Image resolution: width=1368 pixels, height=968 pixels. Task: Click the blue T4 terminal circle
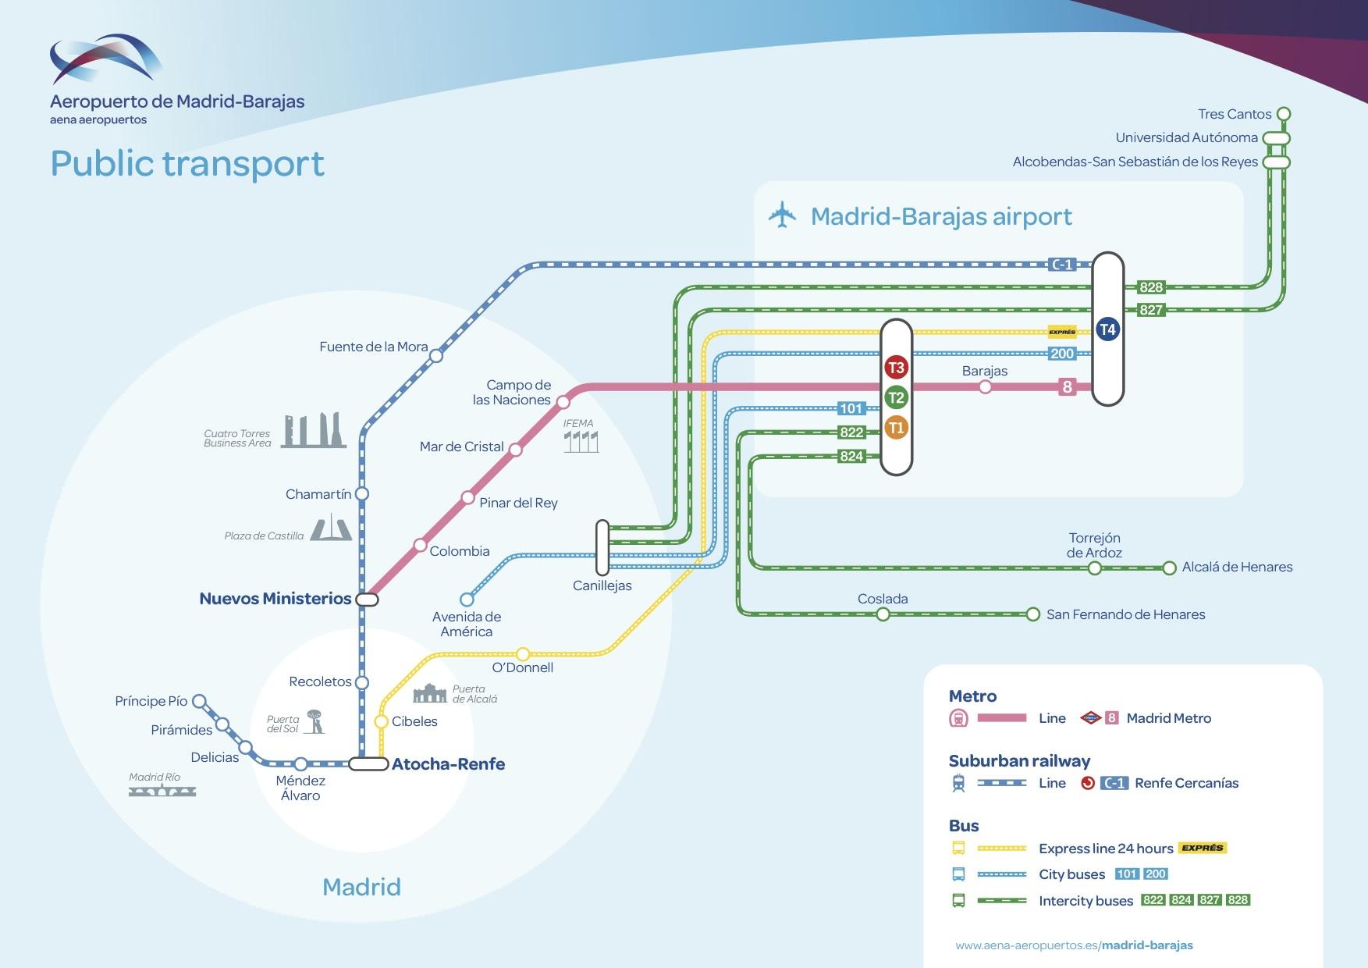1107,329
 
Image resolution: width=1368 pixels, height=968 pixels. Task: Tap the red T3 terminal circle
896,368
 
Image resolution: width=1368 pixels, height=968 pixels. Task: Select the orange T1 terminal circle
896,428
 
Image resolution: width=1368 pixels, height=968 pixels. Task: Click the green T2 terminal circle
896,397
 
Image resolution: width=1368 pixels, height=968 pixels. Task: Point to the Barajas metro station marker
985,387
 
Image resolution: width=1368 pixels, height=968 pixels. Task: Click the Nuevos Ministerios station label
275,599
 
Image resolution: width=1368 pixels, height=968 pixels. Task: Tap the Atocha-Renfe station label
448,764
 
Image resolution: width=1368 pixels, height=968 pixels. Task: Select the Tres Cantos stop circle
1283,114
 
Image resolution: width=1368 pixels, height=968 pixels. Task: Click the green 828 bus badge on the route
1151,287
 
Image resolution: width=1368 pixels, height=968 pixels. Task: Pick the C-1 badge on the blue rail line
1062,265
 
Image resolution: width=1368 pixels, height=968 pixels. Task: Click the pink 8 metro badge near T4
1067,387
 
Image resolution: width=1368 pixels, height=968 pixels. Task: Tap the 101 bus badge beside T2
851,408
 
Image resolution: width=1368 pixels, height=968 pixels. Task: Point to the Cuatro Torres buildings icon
314,430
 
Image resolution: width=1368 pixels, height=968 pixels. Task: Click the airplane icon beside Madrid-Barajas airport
782,215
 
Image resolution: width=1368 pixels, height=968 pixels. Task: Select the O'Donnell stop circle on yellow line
523,654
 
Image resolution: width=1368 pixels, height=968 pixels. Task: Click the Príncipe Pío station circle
199,701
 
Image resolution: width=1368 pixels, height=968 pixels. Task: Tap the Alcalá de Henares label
1237,568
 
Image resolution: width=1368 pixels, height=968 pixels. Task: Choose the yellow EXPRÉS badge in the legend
1202,848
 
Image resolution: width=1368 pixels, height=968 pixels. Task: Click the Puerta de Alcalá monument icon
430,693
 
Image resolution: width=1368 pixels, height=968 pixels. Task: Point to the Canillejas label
602,585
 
